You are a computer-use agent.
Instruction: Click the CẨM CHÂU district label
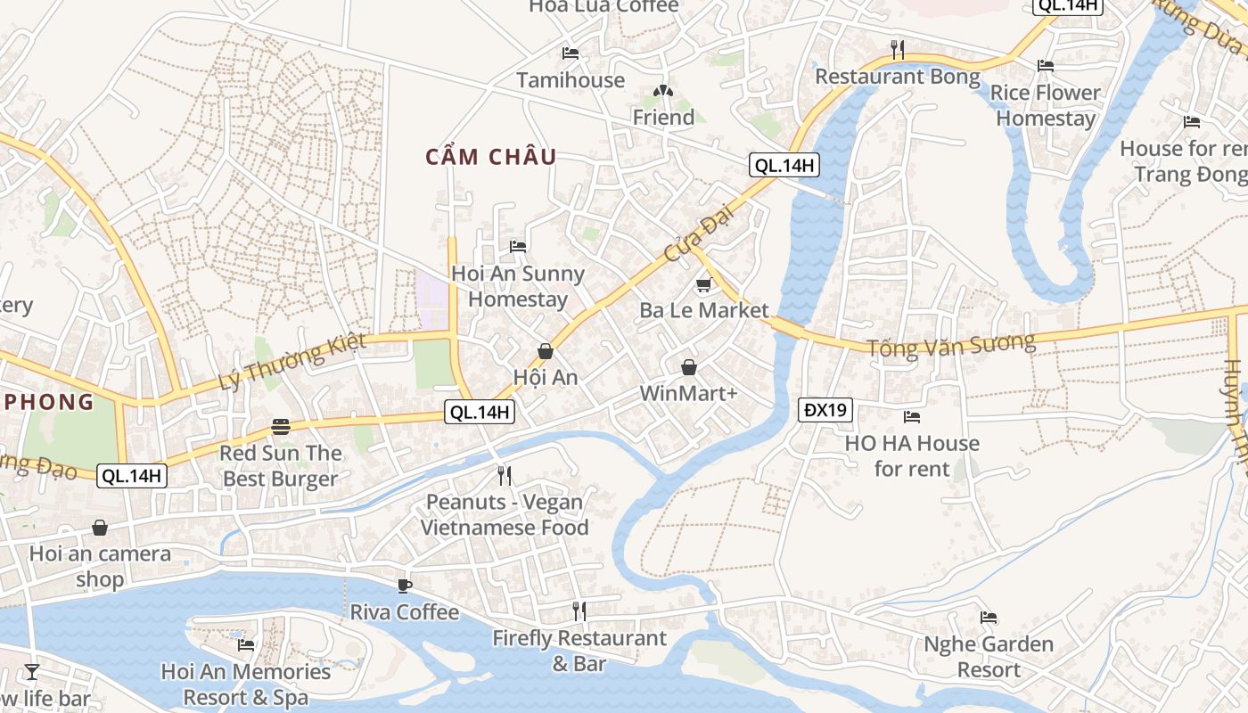(491, 158)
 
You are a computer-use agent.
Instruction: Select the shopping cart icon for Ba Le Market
(703, 285)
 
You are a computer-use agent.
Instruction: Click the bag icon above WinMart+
(689, 367)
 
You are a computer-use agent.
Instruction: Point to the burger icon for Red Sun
(281, 427)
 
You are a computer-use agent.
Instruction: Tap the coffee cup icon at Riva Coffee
(405, 586)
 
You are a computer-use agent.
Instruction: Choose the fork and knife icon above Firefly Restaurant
(579, 611)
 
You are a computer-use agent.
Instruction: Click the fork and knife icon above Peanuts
(505, 476)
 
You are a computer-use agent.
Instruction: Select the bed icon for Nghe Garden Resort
(988, 617)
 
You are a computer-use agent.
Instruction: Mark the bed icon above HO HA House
(911, 416)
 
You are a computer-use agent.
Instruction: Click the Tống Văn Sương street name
(952, 343)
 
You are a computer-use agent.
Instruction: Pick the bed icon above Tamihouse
(571, 53)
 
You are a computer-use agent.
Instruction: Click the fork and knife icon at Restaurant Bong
(898, 50)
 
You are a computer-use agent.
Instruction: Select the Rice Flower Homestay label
(1045, 105)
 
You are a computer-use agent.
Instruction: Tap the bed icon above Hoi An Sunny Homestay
(517, 246)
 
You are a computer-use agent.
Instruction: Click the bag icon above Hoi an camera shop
(100, 529)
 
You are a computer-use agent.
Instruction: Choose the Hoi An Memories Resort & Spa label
(246, 684)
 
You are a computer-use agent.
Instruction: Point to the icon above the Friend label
(662, 90)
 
